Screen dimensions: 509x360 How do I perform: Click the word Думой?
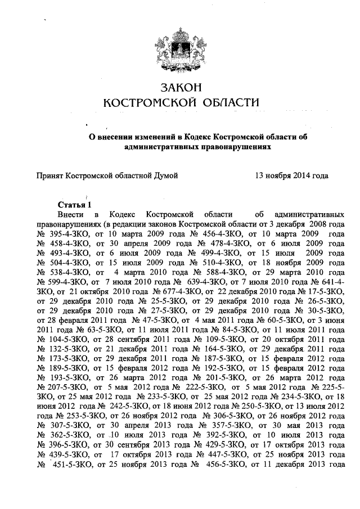pos(166,176)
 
